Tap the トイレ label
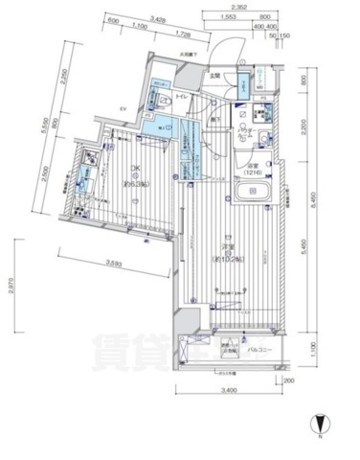coord(182,100)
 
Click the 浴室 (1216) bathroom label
coord(251,172)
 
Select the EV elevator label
coord(124,109)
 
